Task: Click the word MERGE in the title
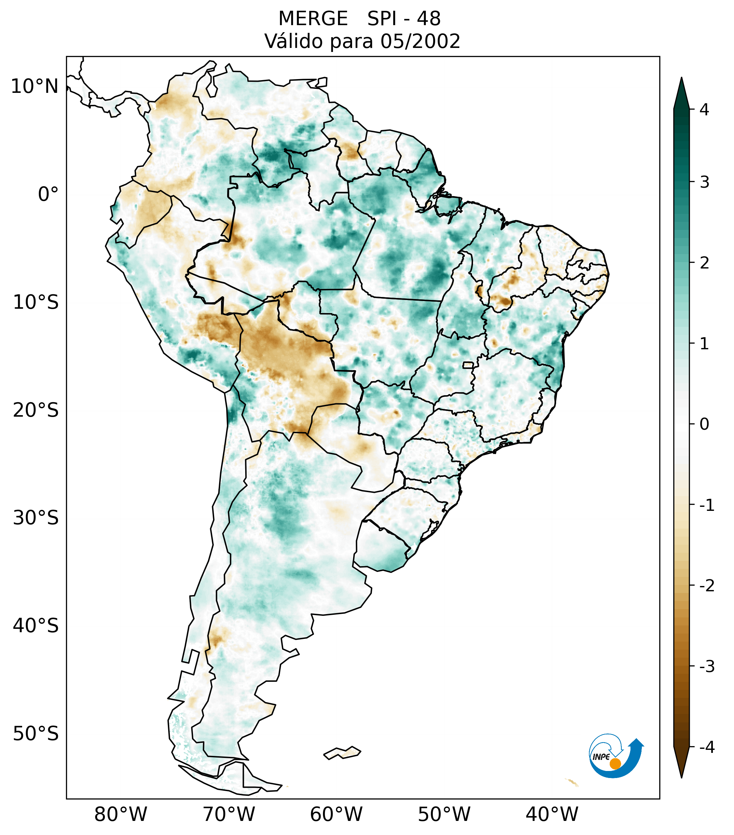pyautogui.click(x=313, y=19)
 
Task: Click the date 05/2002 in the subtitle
pyautogui.click(x=420, y=41)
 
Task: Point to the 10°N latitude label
pyautogui.click(x=35, y=86)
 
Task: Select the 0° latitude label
pyautogui.click(x=48, y=194)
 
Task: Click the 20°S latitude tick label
pyautogui.click(x=36, y=410)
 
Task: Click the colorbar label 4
pyautogui.click(x=704, y=110)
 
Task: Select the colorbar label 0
pyautogui.click(x=704, y=424)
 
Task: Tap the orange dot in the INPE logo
pyautogui.click(x=615, y=763)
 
